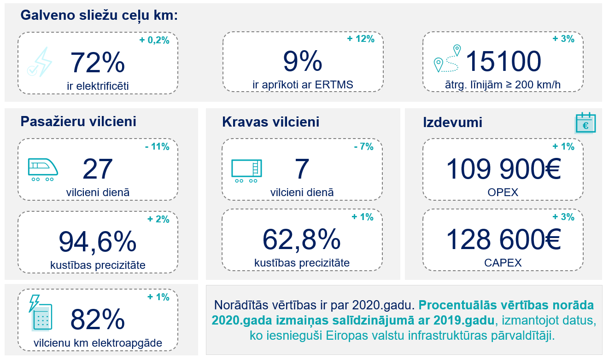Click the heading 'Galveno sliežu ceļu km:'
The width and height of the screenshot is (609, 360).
(99, 15)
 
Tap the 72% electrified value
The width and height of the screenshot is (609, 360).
(97, 63)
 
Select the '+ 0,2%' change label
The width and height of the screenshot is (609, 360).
(154, 40)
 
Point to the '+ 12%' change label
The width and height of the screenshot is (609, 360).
(361, 39)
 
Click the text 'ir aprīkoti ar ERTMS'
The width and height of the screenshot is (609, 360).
(302, 85)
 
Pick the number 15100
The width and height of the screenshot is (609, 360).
(503, 61)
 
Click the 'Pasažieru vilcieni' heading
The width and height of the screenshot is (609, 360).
(78, 122)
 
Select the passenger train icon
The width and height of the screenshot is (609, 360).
(43, 169)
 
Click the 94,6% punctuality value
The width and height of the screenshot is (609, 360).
(98, 241)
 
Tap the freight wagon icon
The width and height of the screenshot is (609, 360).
(246, 170)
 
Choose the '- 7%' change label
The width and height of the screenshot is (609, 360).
(363, 147)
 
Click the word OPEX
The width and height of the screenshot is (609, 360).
(503, 192)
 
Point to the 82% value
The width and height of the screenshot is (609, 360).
(97, 319)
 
